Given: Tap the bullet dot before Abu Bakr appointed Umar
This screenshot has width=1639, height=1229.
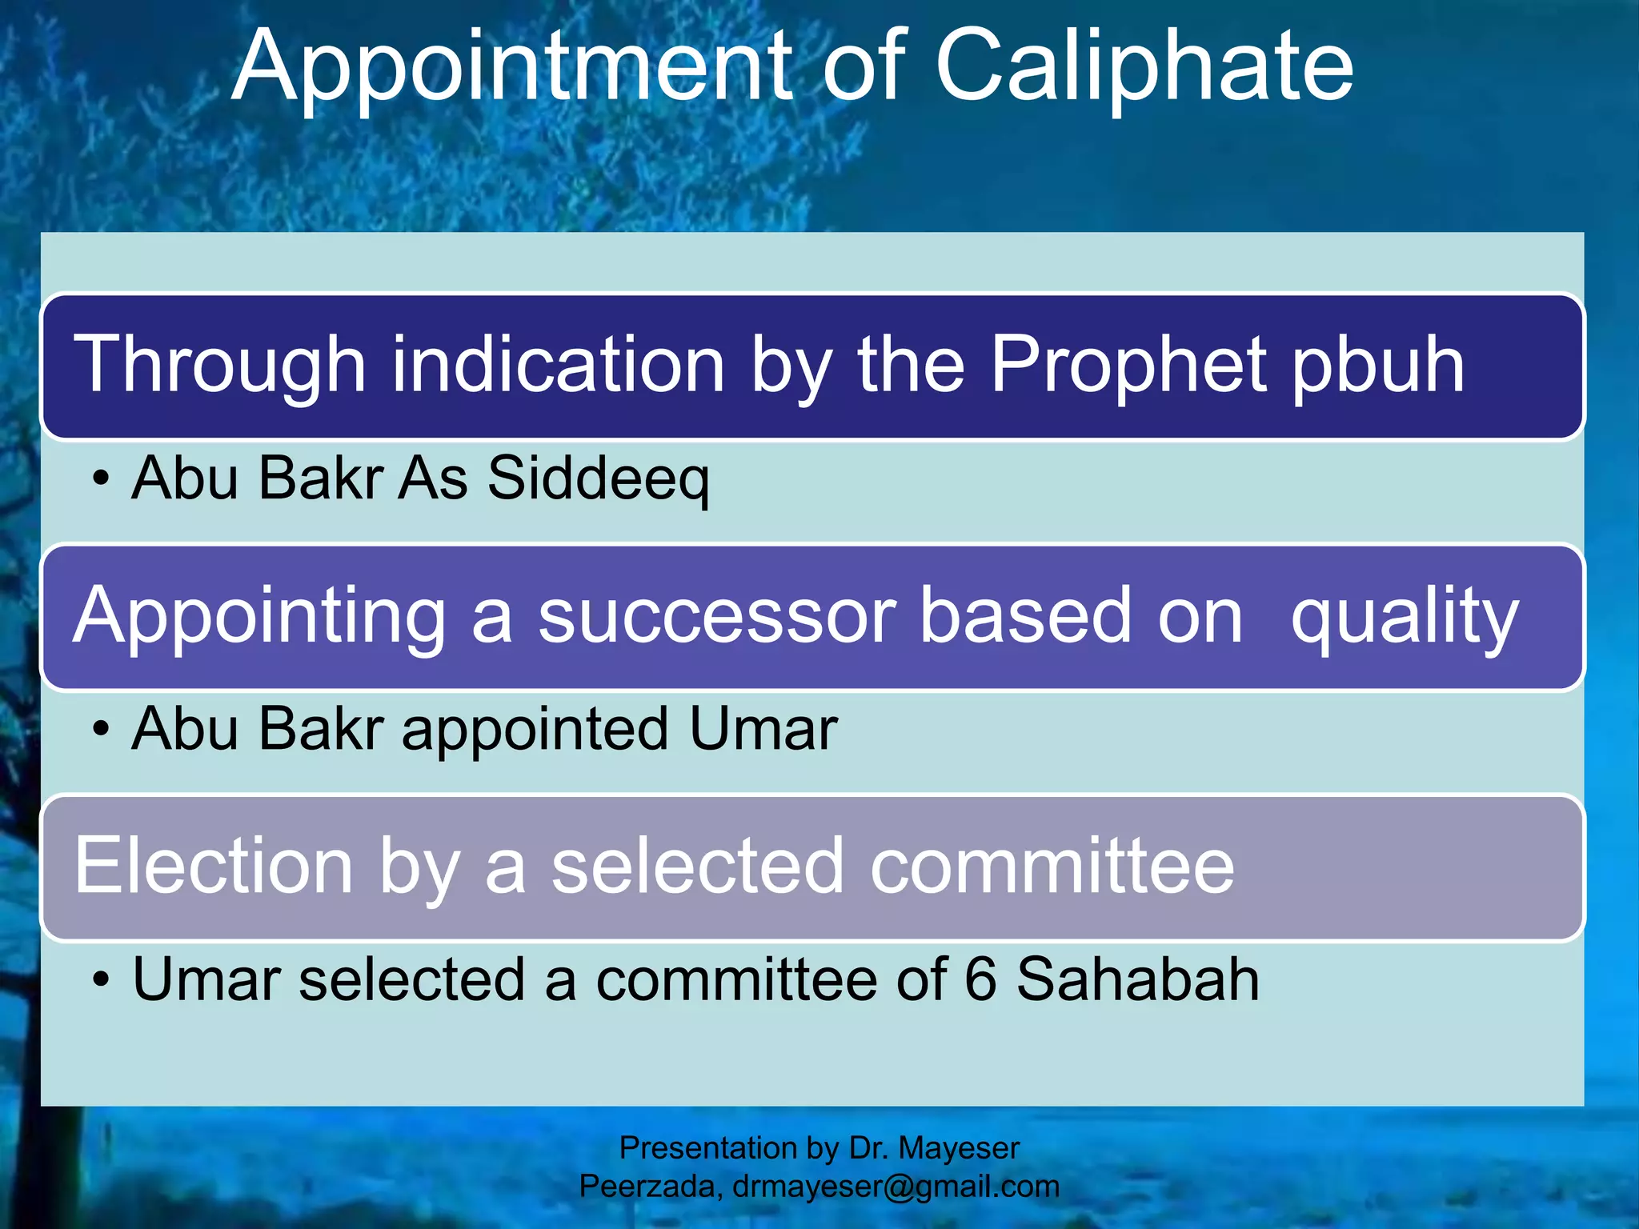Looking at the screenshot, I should point(100,731).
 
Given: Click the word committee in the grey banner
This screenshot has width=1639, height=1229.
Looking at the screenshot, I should point(1052,867).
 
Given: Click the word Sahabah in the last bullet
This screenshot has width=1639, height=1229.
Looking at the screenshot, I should point(1137,979).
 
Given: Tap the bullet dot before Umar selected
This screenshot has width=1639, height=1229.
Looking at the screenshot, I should point(100,981).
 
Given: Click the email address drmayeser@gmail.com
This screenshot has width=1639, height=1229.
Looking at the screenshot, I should point(896,1187).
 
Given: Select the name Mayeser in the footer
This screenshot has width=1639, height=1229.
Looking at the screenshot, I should point(959,1149).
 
